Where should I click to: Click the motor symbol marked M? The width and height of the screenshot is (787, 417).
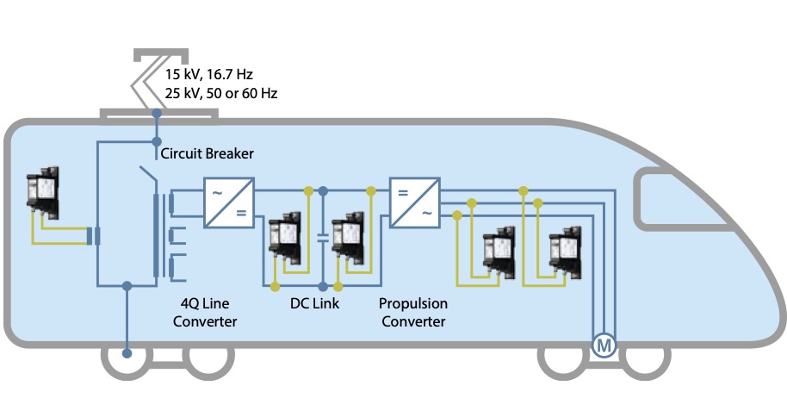click(x=604, y=345)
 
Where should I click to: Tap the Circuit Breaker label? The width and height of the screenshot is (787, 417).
click(x=207, y=153)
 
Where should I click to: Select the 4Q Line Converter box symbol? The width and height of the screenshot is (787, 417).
click(x=229, y=203)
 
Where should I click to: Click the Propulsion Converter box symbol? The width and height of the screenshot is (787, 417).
click(x=415, y=203)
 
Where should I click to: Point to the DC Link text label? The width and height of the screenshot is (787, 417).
click(x=314, y=303)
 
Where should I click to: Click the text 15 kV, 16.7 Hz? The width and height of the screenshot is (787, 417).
click(x=208, y=74)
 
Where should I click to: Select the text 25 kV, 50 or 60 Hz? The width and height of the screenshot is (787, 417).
click(x=220, y=93)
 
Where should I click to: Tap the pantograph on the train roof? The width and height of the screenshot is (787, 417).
click(x=158, y=80)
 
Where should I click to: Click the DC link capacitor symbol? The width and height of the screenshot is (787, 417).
click(x=323, y=238)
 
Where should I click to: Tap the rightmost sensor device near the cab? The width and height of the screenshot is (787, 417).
click(x=566, y=252)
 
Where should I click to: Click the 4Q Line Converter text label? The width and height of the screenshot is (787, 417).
click(x=205, y=313)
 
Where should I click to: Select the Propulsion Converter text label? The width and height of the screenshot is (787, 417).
click(x=413, y=313)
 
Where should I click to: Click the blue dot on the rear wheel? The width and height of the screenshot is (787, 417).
click(x=127, y=354)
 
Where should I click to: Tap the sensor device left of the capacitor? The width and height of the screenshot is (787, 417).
click(x=285, y=239)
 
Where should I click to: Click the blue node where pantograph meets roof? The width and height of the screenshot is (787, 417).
click(x=157, y=114)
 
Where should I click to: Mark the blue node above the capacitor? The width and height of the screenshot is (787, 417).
click(x=323, y=191)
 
